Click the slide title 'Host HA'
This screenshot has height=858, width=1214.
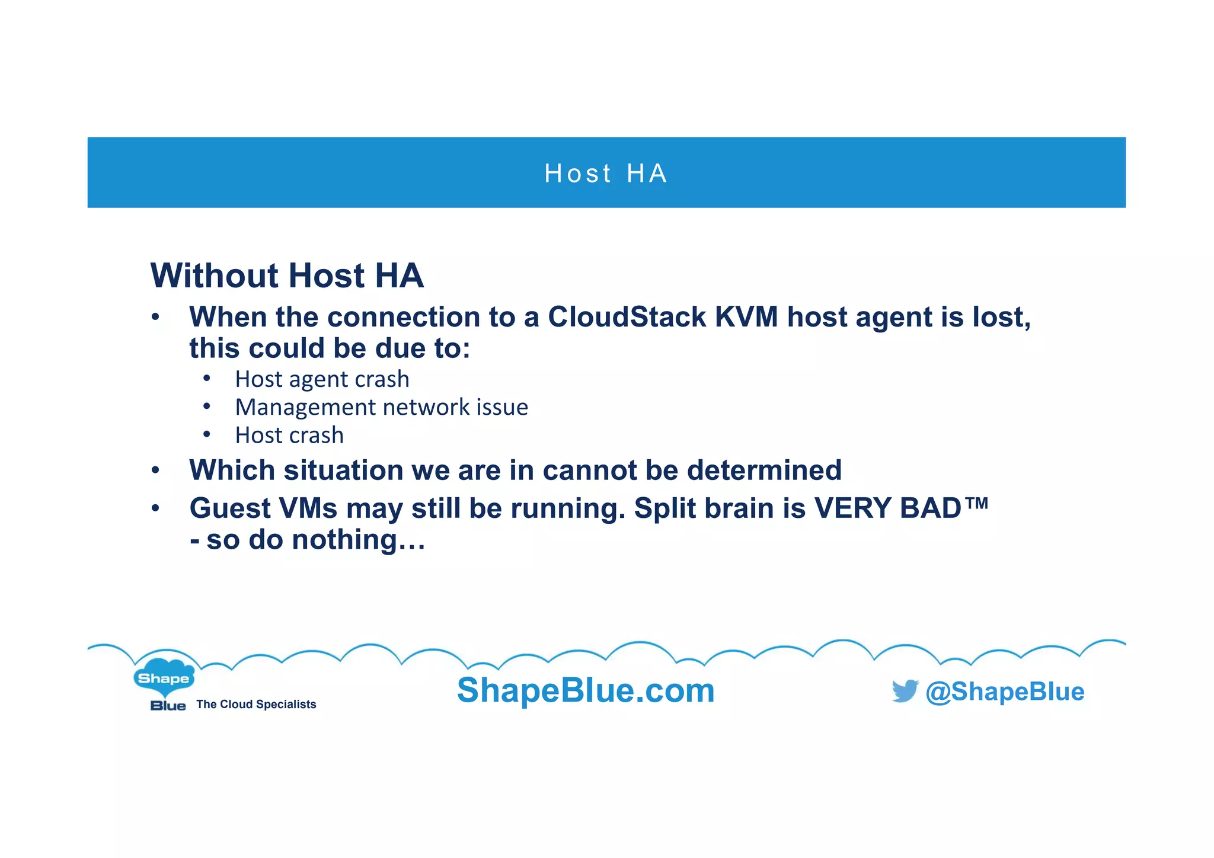point(606,174)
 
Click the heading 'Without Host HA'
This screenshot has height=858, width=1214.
point(287,276)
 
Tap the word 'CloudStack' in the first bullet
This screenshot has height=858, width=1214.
point(627,317)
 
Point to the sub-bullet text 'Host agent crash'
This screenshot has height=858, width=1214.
point(322,379)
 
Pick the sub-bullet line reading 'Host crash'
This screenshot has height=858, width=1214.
point(289,436)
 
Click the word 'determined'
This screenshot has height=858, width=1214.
point(764,470)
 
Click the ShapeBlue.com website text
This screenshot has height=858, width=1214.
point(586,691)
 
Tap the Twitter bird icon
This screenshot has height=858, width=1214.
point(905,691)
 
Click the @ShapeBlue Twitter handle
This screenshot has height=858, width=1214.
point(1005,692)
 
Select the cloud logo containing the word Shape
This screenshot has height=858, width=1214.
point(164,677)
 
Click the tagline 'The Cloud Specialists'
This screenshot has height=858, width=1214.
point(256,705)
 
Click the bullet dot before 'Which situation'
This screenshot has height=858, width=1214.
point(155,470)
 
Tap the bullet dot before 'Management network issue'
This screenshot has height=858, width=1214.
point(206,406)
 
